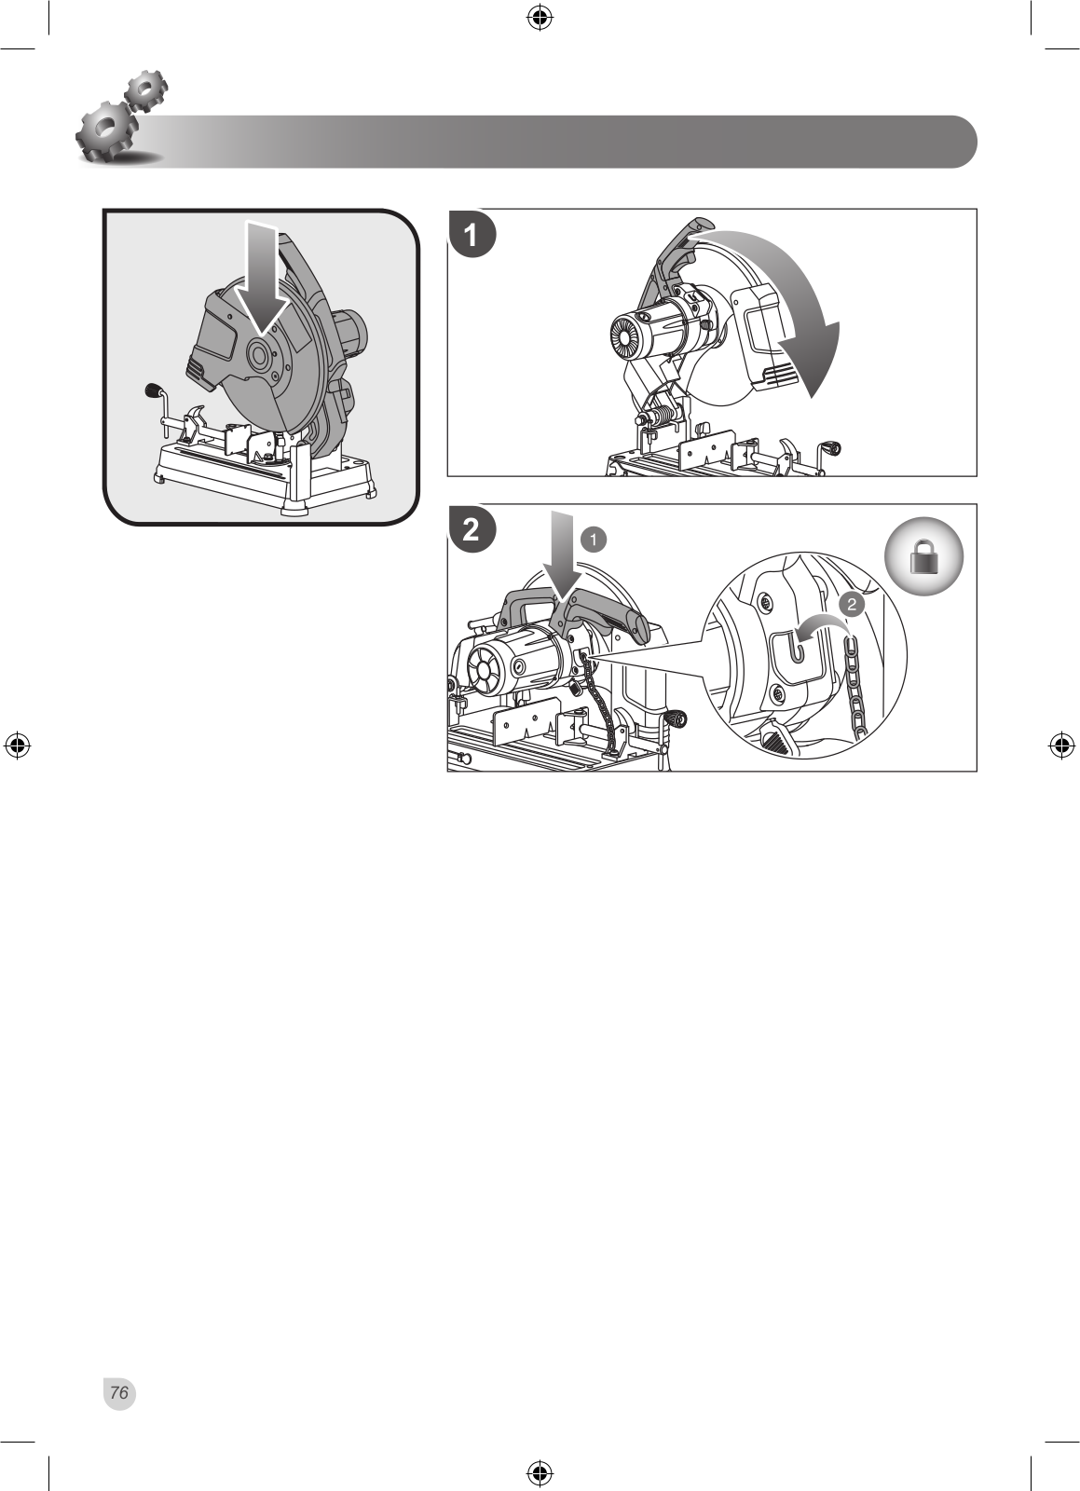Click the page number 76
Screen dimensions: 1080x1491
click(119, 1392)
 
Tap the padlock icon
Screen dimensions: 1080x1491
click(923, 556)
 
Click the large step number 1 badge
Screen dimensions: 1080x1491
click(472, 234)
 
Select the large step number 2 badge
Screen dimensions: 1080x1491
click(472, 529)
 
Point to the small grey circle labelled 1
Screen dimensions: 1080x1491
click(594, 540)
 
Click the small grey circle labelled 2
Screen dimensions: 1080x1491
click(851, 605)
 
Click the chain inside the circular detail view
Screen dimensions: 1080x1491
click(855, 686)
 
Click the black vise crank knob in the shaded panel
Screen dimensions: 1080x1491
click(155, 390)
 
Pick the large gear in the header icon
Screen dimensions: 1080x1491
click(106, 130)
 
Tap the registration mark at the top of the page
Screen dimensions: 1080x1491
click(540, 18)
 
